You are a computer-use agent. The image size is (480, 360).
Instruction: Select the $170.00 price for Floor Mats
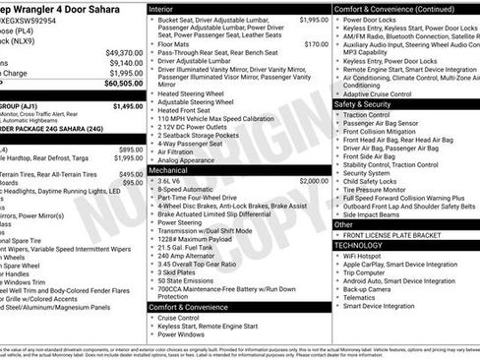[x=316, y=44]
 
